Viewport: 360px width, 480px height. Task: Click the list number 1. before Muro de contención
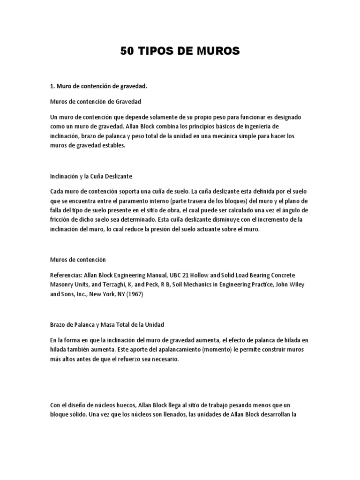pos(52,86)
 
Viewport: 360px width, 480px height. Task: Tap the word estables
pos(113,145)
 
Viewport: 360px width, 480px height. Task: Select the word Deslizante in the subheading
pos(118,176)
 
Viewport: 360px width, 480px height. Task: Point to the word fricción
pos(60,219)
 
